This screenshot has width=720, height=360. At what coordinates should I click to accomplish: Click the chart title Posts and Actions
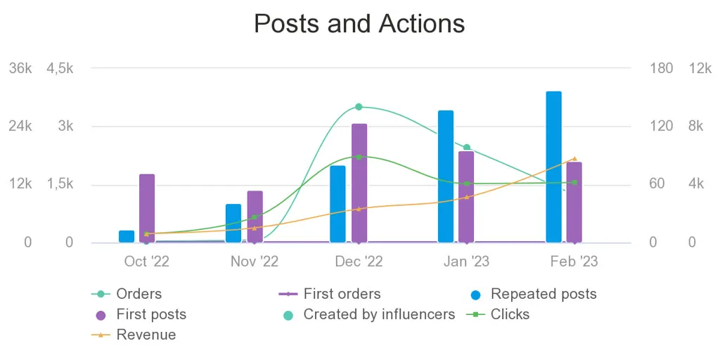tap(359, 24)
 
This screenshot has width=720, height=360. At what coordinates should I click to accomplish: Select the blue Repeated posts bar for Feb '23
tap(553, 167)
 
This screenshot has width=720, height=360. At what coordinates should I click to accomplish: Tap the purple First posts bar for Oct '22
tap(147, 208)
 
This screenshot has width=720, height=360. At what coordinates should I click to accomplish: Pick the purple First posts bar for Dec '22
tap(359, 183)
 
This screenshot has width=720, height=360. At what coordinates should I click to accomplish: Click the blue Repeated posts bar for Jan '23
tap(446, 176)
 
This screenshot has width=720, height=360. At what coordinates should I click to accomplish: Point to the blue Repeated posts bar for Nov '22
tap(233, 223)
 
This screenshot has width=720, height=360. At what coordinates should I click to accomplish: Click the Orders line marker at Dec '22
tap(359, 107)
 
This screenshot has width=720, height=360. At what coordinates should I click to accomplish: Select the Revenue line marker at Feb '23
tap(574, 159)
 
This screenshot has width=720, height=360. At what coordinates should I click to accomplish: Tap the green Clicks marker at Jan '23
tap(466, 184)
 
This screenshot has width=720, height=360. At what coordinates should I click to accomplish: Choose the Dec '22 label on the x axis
tap(359, 262)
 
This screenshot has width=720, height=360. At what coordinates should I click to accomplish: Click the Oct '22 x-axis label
tap(146, 262)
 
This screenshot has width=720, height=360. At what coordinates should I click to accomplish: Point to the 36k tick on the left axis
tap(20, 68)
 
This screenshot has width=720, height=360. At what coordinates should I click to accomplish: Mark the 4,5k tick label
tap(60, 68)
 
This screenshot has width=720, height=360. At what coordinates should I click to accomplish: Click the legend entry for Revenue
tap(146, 335)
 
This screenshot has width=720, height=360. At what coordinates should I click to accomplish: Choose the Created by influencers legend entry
tap(379, 314)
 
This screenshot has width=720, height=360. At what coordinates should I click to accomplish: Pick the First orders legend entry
tap(342, 294)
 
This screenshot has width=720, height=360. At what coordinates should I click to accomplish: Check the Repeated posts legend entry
tap(543, 294)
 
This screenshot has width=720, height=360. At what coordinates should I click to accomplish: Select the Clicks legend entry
tap(510, 314)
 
